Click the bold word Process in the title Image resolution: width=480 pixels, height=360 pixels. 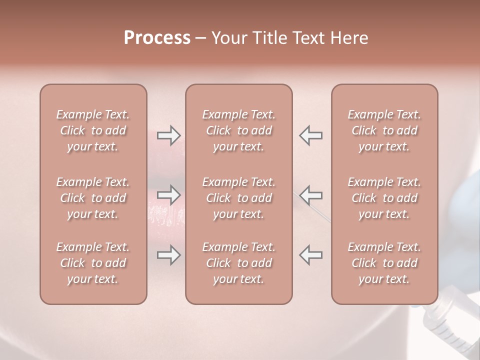(x=157, y=38)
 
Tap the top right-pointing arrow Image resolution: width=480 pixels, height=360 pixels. (x=168, y=135)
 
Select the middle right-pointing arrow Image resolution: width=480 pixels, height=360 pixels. (x=168, y=194)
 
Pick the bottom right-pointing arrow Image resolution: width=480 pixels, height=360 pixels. (x=168, y=255)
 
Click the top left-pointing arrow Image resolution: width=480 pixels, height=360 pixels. (x=310, y=135)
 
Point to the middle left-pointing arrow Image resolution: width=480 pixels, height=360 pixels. (x=310, y=194)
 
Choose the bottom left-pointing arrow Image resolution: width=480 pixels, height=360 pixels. (x=310, y=255)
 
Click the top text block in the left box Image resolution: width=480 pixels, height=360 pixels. (x=93, y=130)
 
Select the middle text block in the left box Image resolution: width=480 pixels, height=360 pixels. (x=93, y=198)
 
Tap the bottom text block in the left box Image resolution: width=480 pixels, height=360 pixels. (x=93, y=263)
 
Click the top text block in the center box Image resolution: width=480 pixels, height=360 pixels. (x=238, y=130)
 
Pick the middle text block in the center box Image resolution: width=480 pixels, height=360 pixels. (x=238, y=198)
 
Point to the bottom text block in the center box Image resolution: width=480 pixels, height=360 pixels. (x=238, y=263)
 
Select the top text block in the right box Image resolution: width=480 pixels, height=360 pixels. (x=384, y=130)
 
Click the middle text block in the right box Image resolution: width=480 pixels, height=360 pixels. (x=384, y=198)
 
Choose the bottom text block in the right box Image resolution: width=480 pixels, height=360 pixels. (x=384, y=263)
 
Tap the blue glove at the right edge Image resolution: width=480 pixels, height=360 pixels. (x=467, y=200)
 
